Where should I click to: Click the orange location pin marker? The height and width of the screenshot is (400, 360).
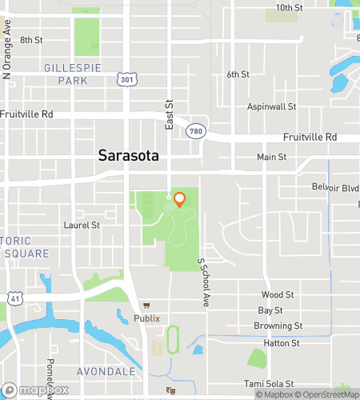[179, 199]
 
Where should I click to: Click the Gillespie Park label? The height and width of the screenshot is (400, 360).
[73, 74]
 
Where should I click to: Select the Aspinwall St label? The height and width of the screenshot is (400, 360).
[271, 106]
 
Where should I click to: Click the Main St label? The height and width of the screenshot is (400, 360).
[271, 158]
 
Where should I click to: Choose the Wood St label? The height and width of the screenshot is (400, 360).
[272, 295]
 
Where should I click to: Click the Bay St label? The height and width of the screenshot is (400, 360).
[270, 310]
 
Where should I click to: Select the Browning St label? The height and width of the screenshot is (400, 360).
[278, 326]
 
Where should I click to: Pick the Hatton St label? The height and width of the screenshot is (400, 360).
[283, 343]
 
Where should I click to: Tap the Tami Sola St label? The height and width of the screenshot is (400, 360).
[269, 384]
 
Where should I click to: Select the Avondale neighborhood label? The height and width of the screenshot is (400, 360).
[101, 372]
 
